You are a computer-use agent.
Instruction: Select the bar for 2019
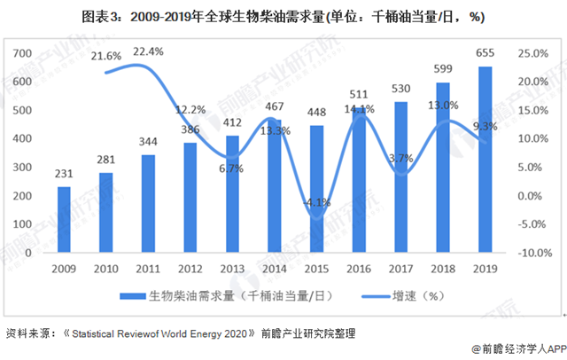pos(485,160)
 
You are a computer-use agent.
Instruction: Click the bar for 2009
pos(64,219)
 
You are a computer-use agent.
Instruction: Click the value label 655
pos(485,54)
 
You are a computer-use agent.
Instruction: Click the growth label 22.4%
pos(148,52)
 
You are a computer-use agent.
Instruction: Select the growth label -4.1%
pos(316,202)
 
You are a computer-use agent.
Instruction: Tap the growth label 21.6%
pos(106,56)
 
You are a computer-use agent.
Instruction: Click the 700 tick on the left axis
pos(32,54)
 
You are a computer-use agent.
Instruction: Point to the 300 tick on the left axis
pos(32,168)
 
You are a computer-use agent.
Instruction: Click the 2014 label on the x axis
pos(275,267)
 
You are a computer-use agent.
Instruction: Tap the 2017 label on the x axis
pos(401,267)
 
